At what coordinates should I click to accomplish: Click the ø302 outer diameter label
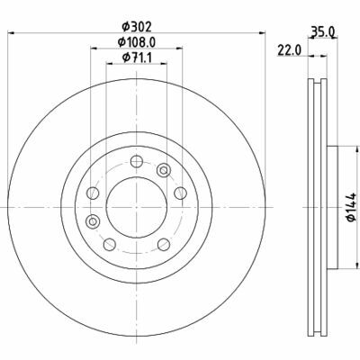137,27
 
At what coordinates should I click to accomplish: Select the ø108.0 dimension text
137,42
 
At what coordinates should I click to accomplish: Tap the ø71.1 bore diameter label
137,58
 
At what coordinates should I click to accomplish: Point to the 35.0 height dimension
322,31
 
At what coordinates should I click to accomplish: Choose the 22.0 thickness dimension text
289,50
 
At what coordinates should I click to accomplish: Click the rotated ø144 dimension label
350,208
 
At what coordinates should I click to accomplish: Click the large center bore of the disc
137,207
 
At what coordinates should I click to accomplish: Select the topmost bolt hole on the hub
137,162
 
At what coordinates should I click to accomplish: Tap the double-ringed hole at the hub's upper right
164,170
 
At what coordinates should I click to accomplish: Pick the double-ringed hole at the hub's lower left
93,221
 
